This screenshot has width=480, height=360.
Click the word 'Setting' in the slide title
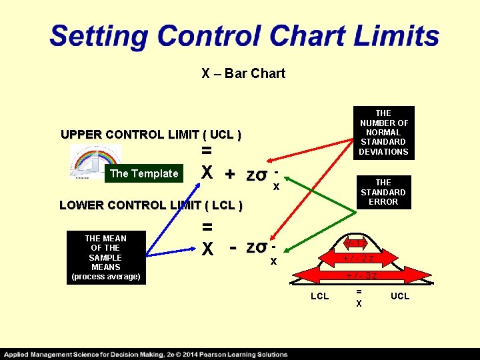click(x=99, y=35)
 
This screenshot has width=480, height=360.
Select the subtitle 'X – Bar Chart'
click(x=243, y=73)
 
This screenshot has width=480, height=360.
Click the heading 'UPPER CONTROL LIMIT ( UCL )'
click(x=151, y=134)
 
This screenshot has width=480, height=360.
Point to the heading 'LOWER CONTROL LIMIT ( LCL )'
click(x=150, y=205)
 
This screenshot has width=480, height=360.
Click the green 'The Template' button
click(x=144, y=173)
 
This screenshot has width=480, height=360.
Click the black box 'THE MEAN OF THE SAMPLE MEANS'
click(x=105, y=257)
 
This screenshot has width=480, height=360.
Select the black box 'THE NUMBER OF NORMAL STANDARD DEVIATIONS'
click(x=383, y=133)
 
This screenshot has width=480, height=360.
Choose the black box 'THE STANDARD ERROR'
click(x=383, y=192)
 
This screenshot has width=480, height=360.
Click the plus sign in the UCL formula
click(x=229, y=175)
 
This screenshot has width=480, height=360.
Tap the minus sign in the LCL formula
click(x=234, y=247)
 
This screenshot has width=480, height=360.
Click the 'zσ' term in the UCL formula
click(x=257, y=175)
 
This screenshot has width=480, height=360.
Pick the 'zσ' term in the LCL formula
click(x=257, y=247)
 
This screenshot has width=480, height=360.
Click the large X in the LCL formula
click(x=207, y=249)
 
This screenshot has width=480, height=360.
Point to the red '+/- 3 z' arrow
click(x=361, y=275)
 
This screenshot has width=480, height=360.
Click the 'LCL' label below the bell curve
click(x=319, y=296)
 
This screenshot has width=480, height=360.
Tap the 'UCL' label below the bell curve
click(x=400, y=296)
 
